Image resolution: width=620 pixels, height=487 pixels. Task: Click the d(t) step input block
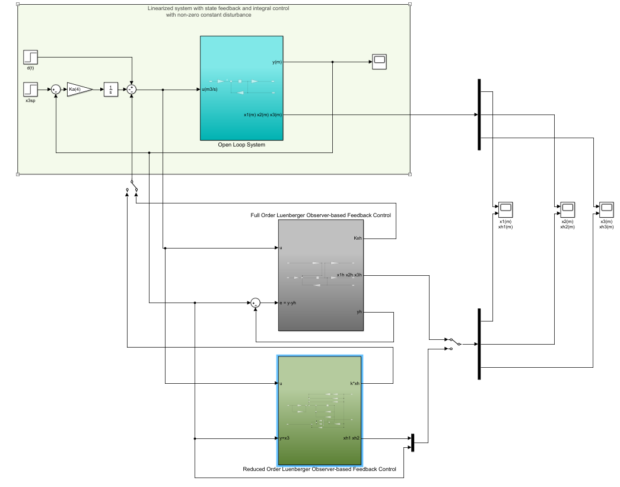pos(31,57)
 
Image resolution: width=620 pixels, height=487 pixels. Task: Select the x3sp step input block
pos(31,90)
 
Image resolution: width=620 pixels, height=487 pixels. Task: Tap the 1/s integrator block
pos(111,90)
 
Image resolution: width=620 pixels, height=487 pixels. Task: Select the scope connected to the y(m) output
pos(379,62)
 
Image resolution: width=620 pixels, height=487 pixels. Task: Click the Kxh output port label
pos(357,238)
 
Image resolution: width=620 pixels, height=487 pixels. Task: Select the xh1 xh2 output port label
pos(351,439)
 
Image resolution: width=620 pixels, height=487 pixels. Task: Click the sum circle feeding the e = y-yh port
pos(256,303)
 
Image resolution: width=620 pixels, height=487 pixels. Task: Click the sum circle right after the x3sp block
pos(55,90)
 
